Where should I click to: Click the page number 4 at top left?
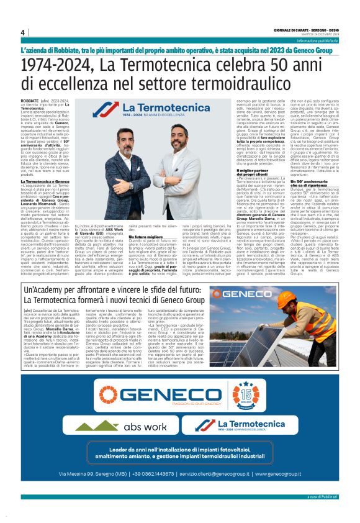[x=22, y=32]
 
